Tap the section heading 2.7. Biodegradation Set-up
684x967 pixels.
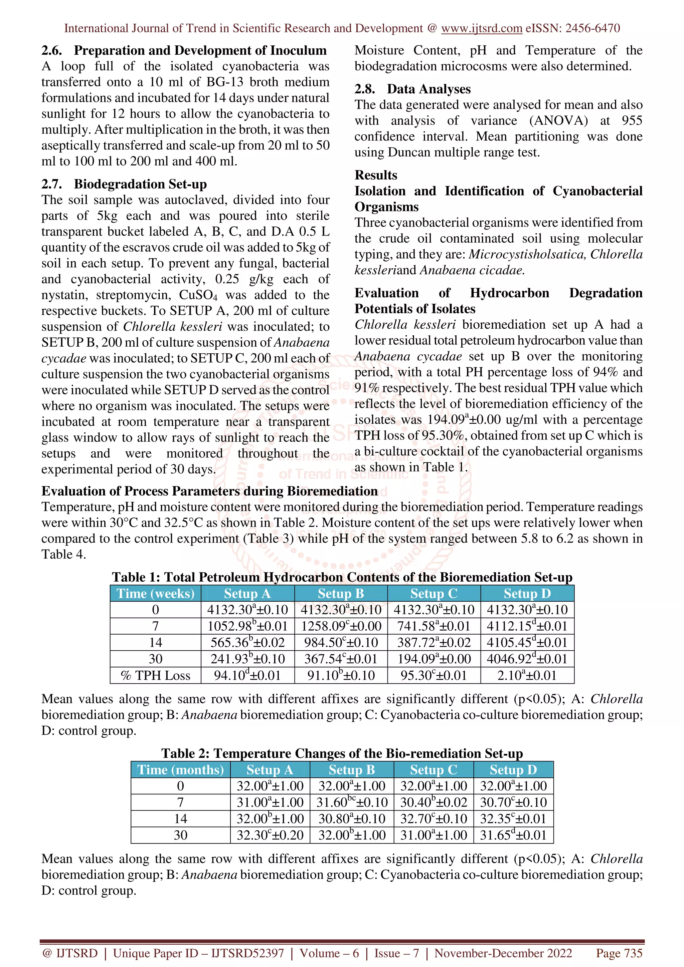point(124,184)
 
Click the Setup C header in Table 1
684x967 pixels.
point(434,593)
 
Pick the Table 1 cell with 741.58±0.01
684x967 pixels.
point(434,626)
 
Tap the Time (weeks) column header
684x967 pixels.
point(156,593)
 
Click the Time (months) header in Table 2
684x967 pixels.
point(180,770)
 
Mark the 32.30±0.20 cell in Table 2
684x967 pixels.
point(270,835)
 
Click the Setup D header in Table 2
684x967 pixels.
point(513,770)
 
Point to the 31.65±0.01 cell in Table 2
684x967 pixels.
point(513,835)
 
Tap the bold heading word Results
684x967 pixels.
point(375,175)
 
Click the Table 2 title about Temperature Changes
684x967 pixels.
point(342,753)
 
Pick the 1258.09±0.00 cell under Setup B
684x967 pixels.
point(341,626)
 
